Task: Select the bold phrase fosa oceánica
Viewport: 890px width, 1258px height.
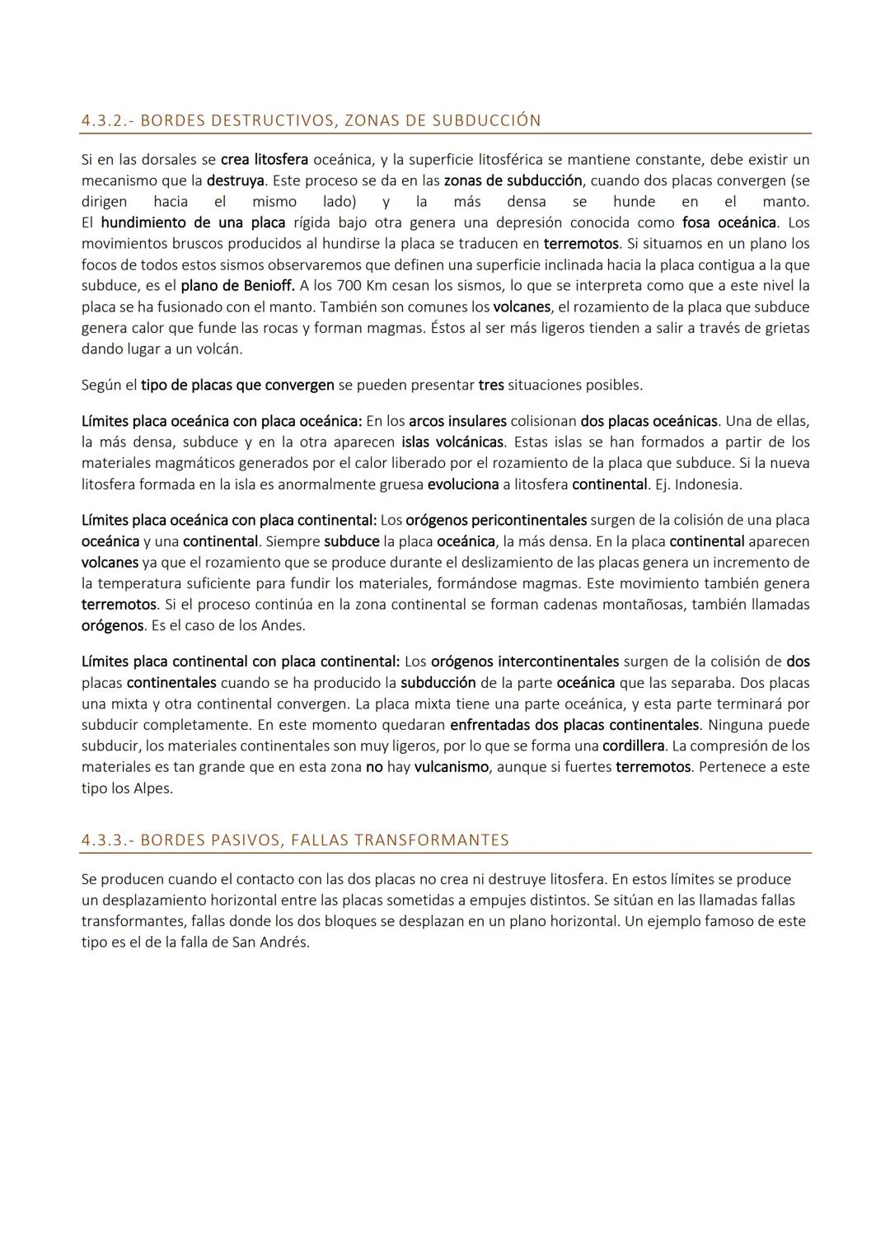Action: pyautogui.click(x=729, y=222)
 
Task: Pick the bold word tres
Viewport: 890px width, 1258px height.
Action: pyautogui.click(x=491, y=385)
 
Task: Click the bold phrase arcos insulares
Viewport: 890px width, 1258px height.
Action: pyautogui.click(x=457, y=421)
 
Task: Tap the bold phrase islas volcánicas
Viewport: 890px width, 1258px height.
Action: pyautogui.click(x=458, y=442)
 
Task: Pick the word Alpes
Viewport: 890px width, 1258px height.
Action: pyautogui.click(x=153, y=788)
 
